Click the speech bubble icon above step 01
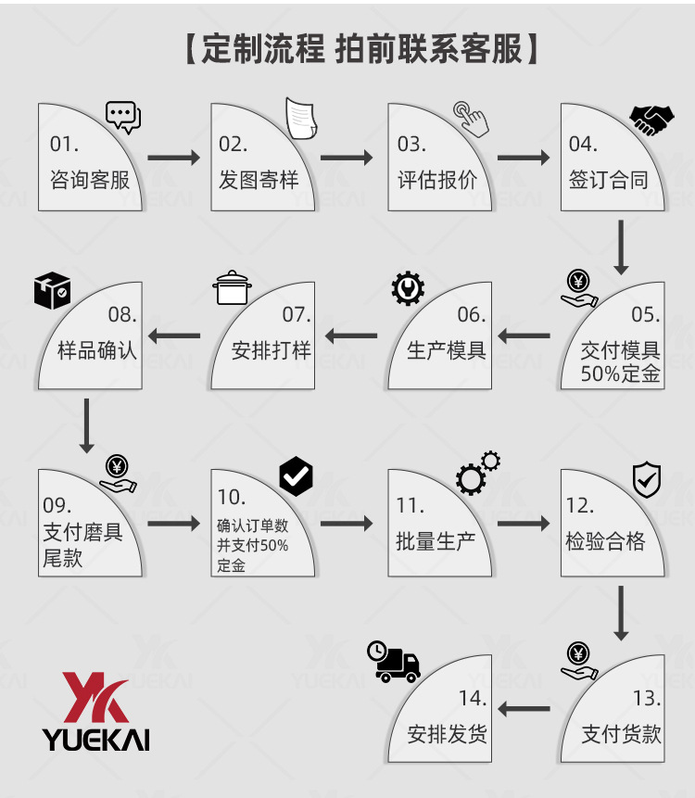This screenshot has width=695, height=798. [x=122, y=117]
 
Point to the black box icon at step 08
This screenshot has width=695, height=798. [x=52, y=291]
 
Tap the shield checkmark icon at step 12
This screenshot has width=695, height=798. [x=646, y=479]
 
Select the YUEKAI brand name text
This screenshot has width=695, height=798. [x=95, y=739]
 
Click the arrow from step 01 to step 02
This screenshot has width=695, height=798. [x=173, y=158]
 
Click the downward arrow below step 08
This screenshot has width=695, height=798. [x=87, y=424]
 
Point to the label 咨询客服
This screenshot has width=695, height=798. [x=90, y=180]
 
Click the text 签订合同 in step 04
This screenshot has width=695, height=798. [x=608, y=180]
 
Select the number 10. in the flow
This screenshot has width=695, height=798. [x=231, y=498]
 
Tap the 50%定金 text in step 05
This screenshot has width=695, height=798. [x=621, y=374]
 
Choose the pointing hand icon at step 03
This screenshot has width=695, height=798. [x=471, y=118]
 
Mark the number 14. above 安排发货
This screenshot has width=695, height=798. [x=472, y=699]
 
